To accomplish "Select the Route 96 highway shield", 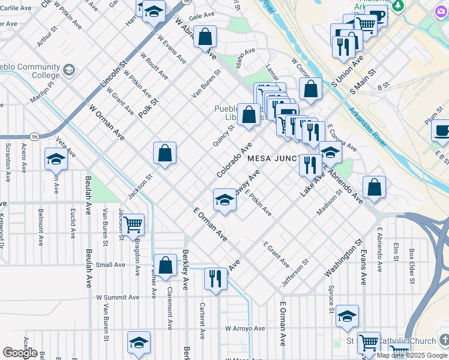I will pyautogui.click(x=35, y=137).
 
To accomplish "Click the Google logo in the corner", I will pyautogui.click(x=20, y=353).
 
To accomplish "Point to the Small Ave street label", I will pyautogui.click(x=110, y=265).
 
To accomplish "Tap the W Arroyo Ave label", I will pyautogui.click(x=245, y=328).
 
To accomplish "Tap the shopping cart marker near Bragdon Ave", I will pyautogui.click(x=133, y=225).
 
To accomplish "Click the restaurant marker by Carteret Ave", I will pyautogui.click(x=214, y=278).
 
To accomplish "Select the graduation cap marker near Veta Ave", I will pyautogui.click(x=55, y=159).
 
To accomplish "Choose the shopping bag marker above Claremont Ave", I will pyautogui.click(x=165, y=265).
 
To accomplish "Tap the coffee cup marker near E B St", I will pyautogui.click(x=442, y=130).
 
